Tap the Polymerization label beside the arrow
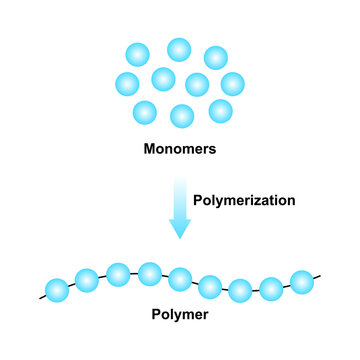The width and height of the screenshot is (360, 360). pyautogui.click(x=244, y=200)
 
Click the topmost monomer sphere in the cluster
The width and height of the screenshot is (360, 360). pyautogui.click(x=179, y=49)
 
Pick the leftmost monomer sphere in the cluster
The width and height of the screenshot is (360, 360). pyautogui.click(x=127, y=83)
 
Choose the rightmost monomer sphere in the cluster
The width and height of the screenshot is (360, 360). pyautogui.click(x=232, y=83)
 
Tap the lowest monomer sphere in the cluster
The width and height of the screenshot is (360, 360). pyautogui.click(x=182, y=116)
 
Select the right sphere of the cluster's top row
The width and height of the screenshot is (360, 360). pyautogui.click(x=215, y=58)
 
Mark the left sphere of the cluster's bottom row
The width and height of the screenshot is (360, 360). pyautogui.click(x=145, y=111)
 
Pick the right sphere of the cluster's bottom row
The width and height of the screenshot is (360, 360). pyautogui.click(x=220, y=110)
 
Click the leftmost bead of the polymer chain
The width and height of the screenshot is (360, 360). pyautogui.click(x=57, y=291)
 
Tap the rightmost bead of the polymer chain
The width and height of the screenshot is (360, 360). pyautogui.click(x=302, y=280)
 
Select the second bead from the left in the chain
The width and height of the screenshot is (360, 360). pyautogui.click(x=87, y=279)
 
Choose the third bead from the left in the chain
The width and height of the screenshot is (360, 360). pyautogui.click(x=118, y=273)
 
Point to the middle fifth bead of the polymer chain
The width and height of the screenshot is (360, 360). pyautogui.click(x=180, y=278)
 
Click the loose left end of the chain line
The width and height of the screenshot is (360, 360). pyautogui.click(x=41, y=298)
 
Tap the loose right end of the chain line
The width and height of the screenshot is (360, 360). pyautogui.click(x=319, y=275)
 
